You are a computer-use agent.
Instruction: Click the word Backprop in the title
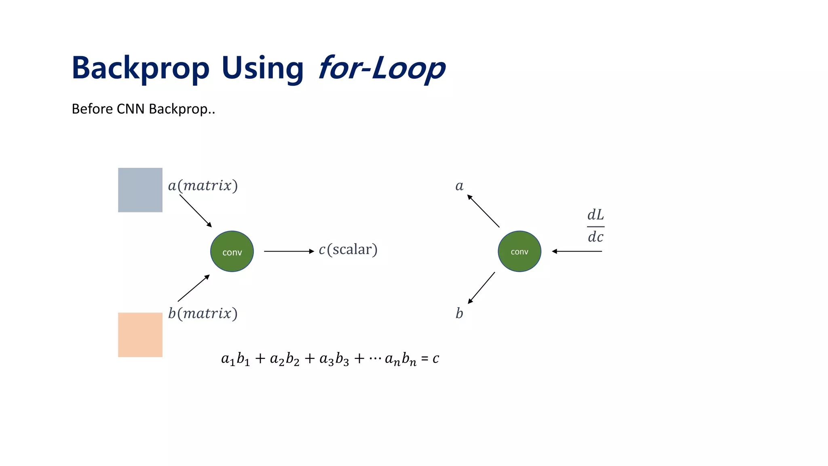(x=140, y=68)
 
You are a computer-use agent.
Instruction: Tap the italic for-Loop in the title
(x=382, y=68)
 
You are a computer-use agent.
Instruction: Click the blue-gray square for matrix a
(x=140, y=190)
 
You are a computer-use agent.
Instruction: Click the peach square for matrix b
(x=140, y=335)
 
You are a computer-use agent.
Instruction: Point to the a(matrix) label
(x=203, y=186)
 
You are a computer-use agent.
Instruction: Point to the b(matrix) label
(x=203, y=313)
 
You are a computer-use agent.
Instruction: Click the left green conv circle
(x=232, y=251)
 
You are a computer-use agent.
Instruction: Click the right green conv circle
(x=519, y=251)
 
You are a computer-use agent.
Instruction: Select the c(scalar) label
(x=348, y=250)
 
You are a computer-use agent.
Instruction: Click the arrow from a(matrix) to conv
(x=196, y=211)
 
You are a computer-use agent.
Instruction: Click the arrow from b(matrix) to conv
(x=194, y=288)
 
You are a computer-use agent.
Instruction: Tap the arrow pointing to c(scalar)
(x=289, y=251)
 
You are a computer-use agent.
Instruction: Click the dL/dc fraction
(x=595, y=226)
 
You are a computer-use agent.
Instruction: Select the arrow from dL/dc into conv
(x=577, y=251)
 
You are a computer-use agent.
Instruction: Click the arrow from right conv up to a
(x=483, y=211)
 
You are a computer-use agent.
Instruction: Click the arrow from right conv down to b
(x=482, y=288)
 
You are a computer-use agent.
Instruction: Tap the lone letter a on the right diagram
(x=459, y=186)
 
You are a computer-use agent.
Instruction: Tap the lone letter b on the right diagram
(x=459, y=313)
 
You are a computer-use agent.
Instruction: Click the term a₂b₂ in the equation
(x=285, y=359)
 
